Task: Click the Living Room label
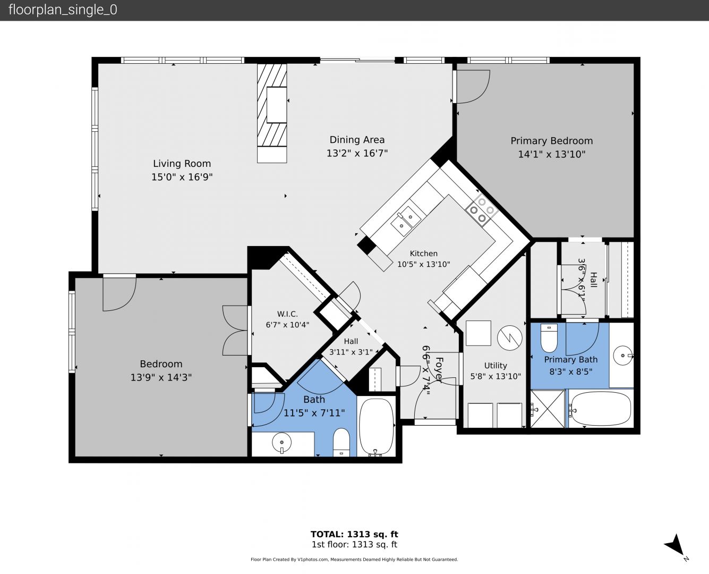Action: pyautogui.click(x=182, y=164)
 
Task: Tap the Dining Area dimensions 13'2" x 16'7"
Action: pyautogui.click(x=357, y=153)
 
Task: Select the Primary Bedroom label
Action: pyautogui.click(x=552, y=141)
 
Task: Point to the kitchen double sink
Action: pyautogui.click(x=406, y=221)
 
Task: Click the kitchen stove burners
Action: pyautogui.click(x=482, y=210)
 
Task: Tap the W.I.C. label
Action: pyautogui.click(x=287, y=314)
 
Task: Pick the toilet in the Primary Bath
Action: pyautogui.click(x=549, y=337)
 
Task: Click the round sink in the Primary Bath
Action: pyautogui.click(x=623, y=356)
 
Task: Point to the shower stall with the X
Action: pyautogui.click(x=548, y=409)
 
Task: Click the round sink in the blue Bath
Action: pyautogui.click(x=281, y=442)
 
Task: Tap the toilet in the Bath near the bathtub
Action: pyautogui.click(x=341, y=442)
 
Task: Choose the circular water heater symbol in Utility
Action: pyautogui.click(x=510, y=337)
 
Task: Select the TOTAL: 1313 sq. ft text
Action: pyautogui.click(x=354, y=534)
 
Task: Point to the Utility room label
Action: pyautogui.click(x=496, y=366)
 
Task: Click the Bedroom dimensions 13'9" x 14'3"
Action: pyautogui.click(x=161, y=377)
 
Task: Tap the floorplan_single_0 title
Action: pyautogui.click(x=63, y=10)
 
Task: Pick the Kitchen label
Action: pyautogui.click(x=423, y=254)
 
